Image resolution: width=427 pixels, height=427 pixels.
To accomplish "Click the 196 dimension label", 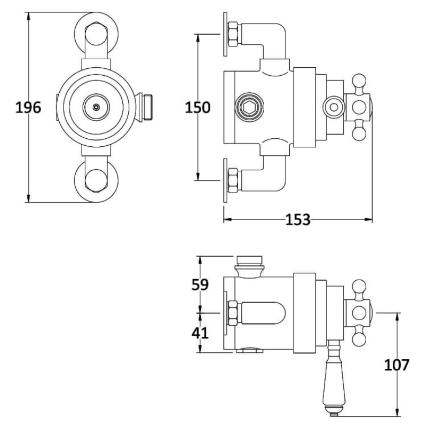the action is pos(28,107).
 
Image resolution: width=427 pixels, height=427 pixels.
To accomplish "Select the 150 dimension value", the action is pos(197,107).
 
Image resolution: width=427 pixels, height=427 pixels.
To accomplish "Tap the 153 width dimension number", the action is pos(298,219).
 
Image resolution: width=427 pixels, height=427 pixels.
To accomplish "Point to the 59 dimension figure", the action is pos(200,284).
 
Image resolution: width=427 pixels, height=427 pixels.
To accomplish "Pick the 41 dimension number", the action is pos(200,333).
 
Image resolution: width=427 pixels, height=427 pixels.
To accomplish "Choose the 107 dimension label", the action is pos(397,365).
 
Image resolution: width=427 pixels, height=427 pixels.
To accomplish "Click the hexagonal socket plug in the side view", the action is pos(249,107).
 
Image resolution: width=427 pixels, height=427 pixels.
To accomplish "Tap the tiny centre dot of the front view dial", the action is pos(96,107).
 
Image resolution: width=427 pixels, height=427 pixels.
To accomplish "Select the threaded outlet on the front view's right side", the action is pos(144,107).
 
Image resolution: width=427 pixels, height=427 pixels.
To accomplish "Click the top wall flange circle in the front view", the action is pos(96,35).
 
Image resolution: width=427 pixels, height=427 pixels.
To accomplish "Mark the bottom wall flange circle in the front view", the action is pos(96,180).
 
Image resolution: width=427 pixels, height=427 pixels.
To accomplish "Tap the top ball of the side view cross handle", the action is pos(359,81).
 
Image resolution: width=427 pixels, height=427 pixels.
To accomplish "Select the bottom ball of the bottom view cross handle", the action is pos(359,339).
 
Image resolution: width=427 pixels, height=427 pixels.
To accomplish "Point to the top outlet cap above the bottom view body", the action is pos(249,267).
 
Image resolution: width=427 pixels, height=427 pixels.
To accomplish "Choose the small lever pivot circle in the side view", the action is pos(334,107).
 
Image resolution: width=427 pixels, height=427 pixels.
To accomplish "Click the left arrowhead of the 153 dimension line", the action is pos(227,219).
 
